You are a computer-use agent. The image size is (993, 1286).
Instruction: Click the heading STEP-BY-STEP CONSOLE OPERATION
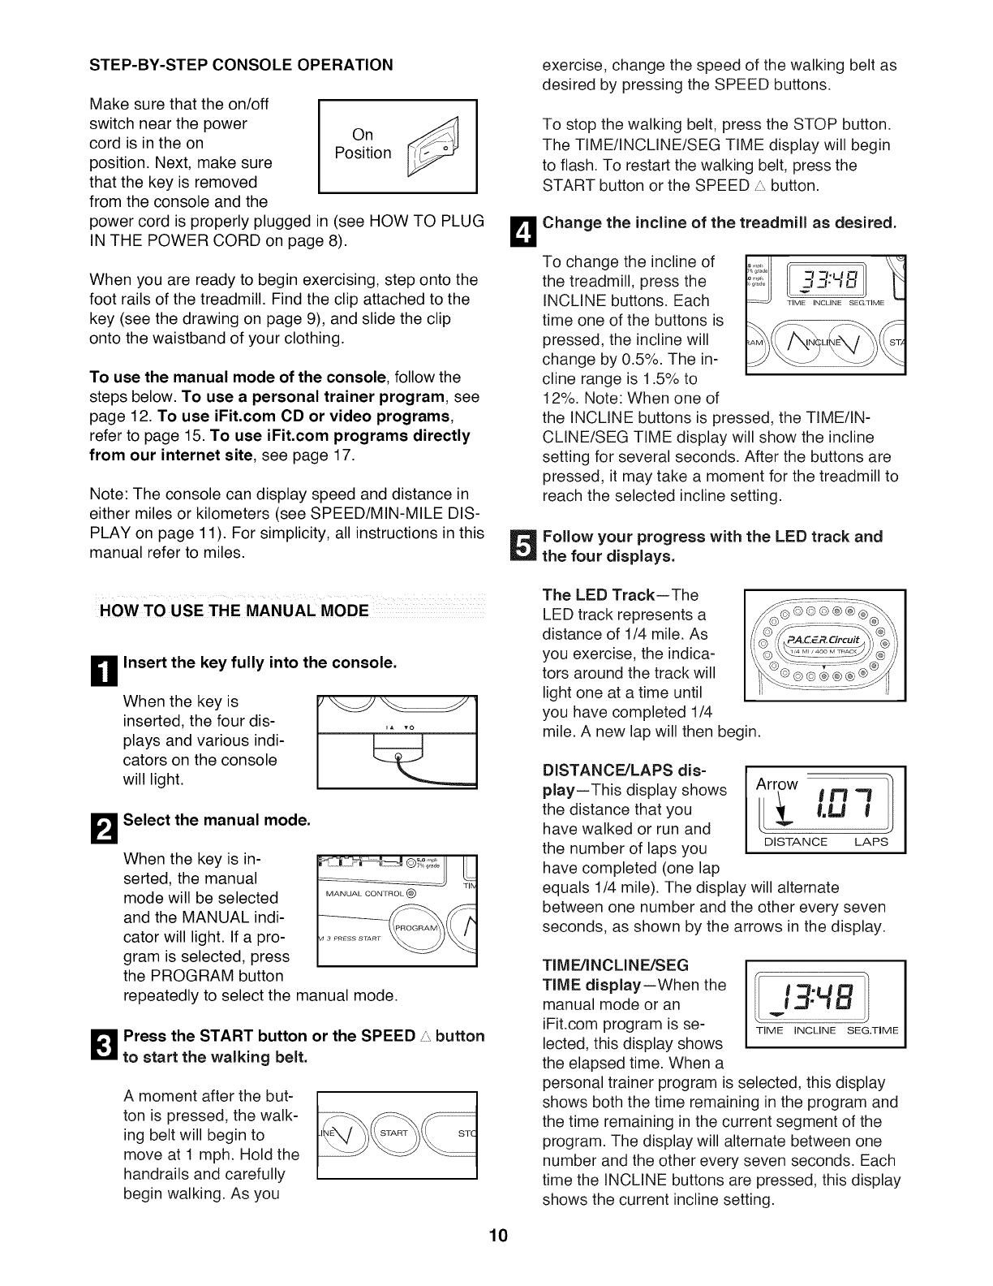[241, 64]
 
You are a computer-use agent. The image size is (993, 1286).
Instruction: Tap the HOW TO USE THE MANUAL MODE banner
[234, 611]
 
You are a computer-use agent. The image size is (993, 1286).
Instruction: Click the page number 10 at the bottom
[497, 1258]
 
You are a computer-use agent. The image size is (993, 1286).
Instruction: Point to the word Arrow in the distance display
[777, 784]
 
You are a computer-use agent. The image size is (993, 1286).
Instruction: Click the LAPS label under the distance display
[870, 842]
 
